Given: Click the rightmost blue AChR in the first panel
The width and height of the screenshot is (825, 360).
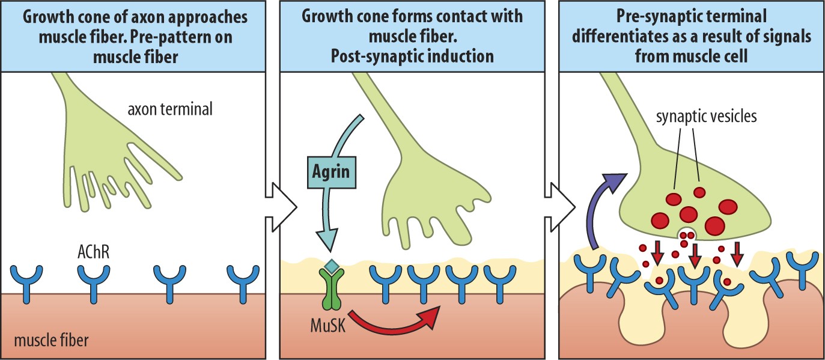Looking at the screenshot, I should [x=242, y=279].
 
